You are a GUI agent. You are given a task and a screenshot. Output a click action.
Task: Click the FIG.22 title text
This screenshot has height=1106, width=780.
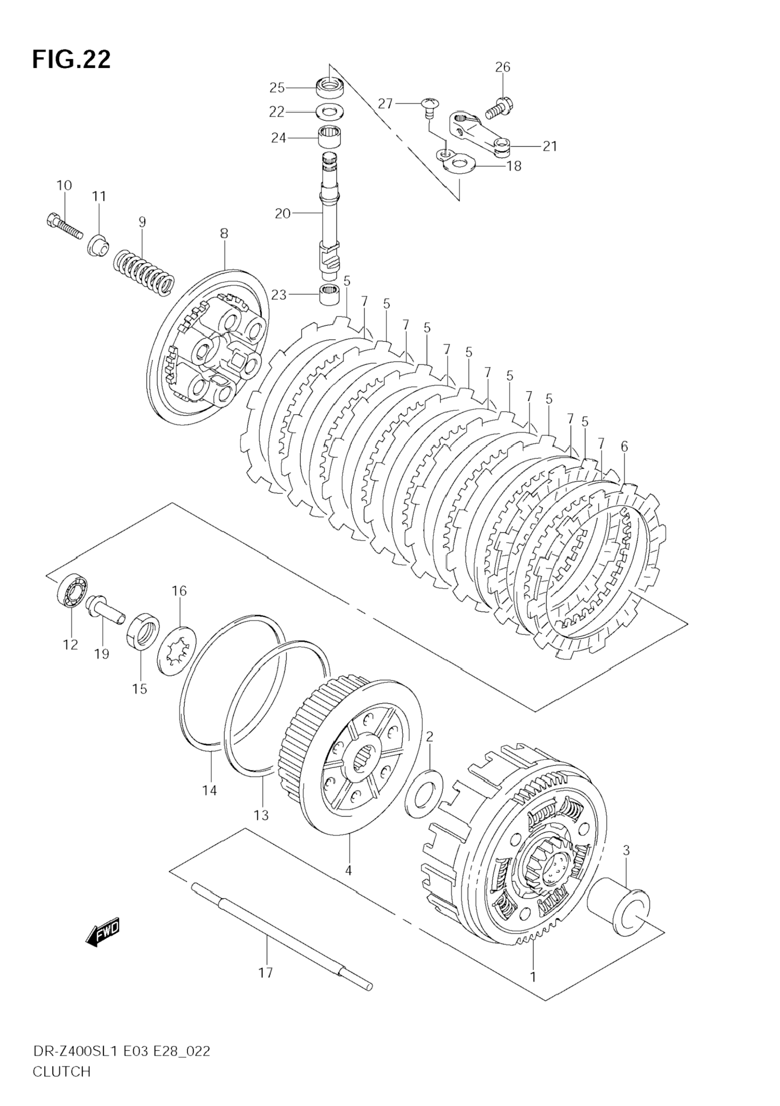[x=71, y=60]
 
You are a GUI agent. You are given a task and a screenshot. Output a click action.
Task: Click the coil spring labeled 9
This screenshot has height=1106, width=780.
[x=144, y=272]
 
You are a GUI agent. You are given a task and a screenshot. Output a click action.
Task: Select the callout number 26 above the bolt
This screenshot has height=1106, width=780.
[x=503, y=67]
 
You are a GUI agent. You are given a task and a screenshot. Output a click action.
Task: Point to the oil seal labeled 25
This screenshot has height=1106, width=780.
[x=330, y=88]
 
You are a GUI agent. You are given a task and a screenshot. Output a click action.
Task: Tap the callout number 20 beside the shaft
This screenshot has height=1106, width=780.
[x=283, y=213]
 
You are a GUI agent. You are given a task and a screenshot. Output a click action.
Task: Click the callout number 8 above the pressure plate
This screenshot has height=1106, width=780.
[x=224, y=234]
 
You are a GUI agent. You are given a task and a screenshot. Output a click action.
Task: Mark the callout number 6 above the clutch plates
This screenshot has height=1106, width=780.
[x=624, y=446]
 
